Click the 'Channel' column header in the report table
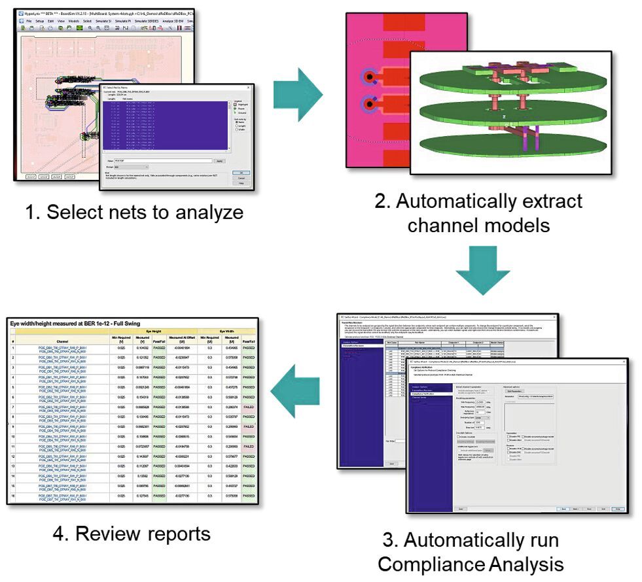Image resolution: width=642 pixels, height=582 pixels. tap(62, 341)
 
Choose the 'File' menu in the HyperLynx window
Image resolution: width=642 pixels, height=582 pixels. tap(28, 21)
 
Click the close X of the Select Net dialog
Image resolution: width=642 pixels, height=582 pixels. tap(248, 87)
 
